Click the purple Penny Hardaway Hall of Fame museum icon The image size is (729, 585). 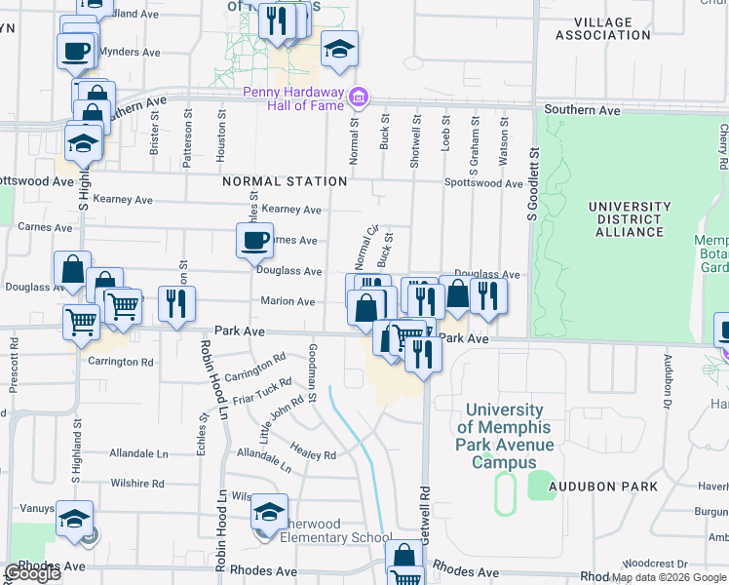click(x=359, y=97)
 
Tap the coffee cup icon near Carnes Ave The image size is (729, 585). click(x=255, y=239)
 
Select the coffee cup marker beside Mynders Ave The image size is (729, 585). click(x=75, y=50)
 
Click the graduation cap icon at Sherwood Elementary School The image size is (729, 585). click(x=270, y=511)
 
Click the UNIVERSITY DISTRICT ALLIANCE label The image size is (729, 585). click(x=629, y=219)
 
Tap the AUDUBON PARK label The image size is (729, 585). click(x=616, y=486)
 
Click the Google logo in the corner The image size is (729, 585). click(x=32, y=573)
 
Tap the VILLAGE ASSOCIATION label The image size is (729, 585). click(x=602, y=28)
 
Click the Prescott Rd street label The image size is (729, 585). click(x=14, y=366)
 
